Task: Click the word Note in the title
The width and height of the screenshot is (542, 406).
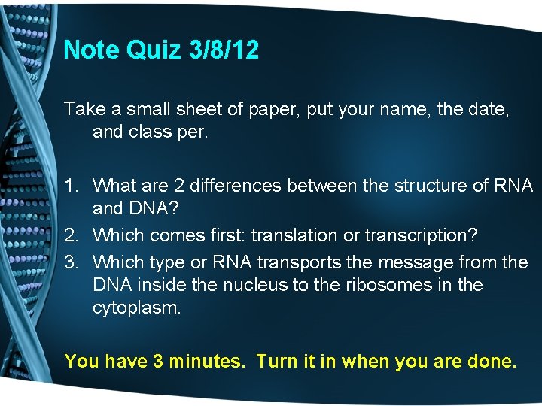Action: click(90, 50)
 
